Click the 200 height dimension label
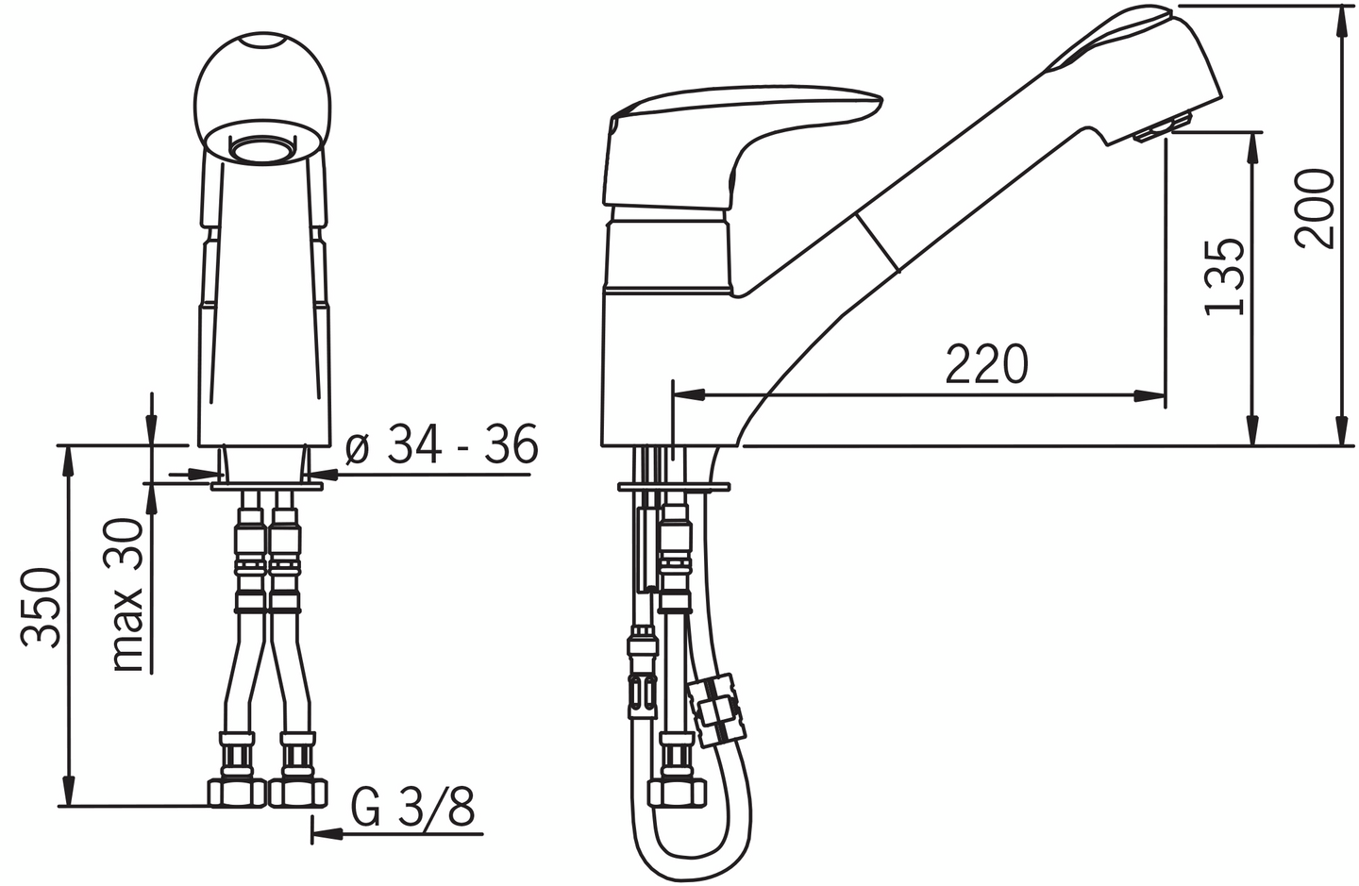[x=1315, y=209]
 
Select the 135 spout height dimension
[x=1224, y=276]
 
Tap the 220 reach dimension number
[x=987, y=364]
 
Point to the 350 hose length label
[x=41, y=608]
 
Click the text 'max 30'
[x=127, y=595]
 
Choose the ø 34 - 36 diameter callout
[x=442, y=443]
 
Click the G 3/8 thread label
[x=412, y=807]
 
